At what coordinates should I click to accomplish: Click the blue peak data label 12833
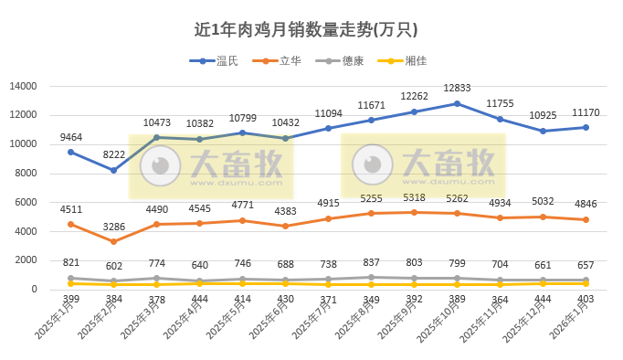pos(458,88)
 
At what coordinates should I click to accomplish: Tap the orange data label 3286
pos(114,226)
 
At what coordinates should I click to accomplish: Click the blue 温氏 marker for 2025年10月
pos(458,103)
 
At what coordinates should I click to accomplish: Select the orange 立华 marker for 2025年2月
pos(114,242)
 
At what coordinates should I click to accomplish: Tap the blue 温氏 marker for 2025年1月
pos(71,152)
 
